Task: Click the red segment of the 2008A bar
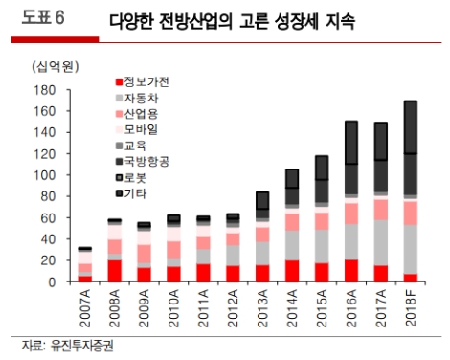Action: pyautogui.click(x=115, y=270)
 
